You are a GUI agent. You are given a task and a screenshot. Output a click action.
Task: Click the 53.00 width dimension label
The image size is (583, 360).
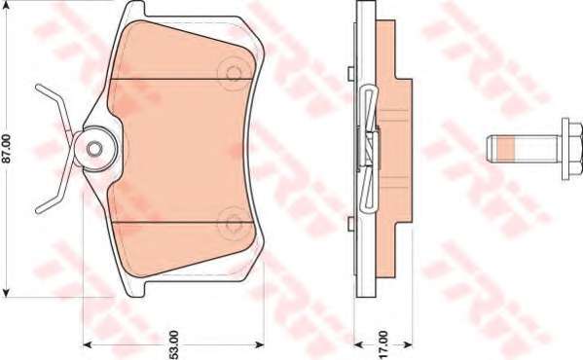click(174, 344)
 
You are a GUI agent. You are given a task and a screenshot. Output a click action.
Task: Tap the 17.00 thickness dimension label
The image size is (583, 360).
click(384, 344)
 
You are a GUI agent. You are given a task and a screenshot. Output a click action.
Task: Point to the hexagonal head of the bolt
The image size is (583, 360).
click(572, 149)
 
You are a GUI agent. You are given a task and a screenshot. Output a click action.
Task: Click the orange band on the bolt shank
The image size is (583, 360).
click(506, 149)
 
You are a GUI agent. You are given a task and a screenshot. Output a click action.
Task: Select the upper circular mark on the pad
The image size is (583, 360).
click(234, 73)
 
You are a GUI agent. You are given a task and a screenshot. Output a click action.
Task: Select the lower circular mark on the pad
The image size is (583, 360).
click(233, 224)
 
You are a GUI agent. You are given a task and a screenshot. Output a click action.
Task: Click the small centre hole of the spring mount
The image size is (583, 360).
click(94, 149)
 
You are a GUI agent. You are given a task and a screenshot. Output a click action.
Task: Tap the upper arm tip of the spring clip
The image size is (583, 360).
click(38, 87)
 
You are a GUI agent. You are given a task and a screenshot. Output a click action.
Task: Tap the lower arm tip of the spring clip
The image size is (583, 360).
click(38, 211)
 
